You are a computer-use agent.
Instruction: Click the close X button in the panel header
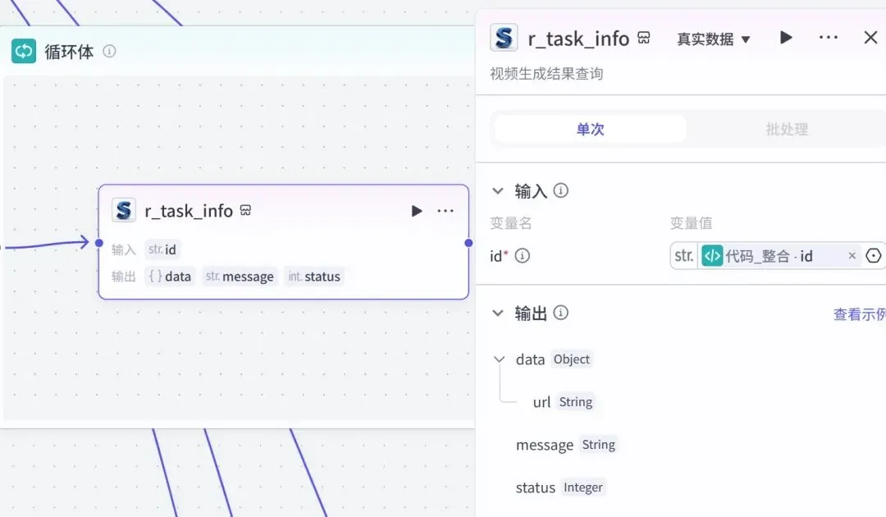pos(870,38)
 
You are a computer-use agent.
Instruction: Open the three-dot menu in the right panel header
pos(829,37)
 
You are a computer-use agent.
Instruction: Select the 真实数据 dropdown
pos(713,39)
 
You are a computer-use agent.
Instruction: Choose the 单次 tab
pos(591,129)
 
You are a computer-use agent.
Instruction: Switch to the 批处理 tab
pos(787,129)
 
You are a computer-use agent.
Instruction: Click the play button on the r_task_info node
pos(417,211)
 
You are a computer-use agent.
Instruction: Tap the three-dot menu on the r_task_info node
pos(445,211)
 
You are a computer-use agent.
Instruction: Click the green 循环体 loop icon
pos(24,51)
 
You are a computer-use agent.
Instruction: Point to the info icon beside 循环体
pos(109,52)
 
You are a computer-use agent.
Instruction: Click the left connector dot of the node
pos(99,243)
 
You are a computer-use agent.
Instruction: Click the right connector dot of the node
pos(468,243)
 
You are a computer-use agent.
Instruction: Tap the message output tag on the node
pos(240,277)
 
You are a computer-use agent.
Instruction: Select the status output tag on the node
pos(314,277)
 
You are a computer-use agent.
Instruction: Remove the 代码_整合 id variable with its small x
pos(852,256)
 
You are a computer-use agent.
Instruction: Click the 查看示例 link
pos(860,314)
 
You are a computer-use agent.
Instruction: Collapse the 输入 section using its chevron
pos(498,191)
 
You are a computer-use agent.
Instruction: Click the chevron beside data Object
pos(499,359)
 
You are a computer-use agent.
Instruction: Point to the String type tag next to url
pos(576,402)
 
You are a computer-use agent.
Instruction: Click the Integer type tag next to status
pos(583,487)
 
